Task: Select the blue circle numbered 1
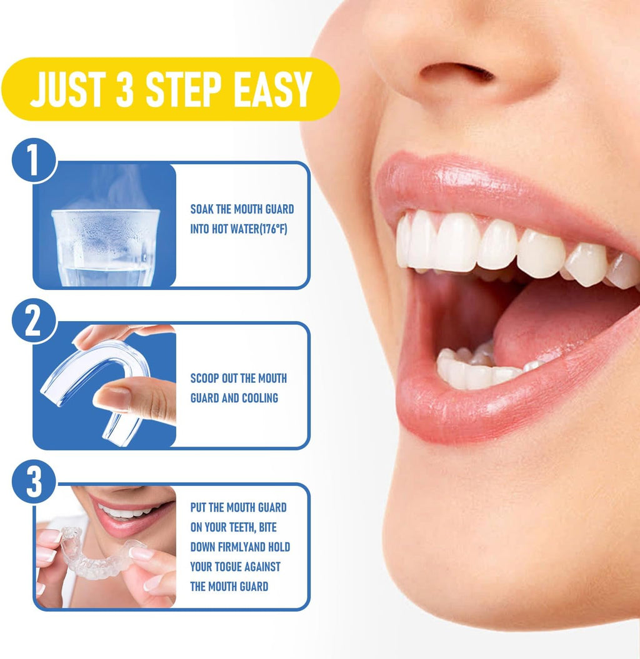[34, 161]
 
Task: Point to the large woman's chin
[500, 562]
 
